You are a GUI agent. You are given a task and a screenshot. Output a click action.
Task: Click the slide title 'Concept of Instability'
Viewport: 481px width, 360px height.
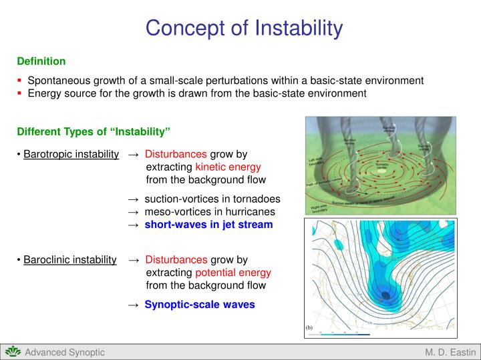tap(244, 28)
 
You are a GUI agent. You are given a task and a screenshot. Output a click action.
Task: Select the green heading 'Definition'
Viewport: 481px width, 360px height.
tap(41, 61)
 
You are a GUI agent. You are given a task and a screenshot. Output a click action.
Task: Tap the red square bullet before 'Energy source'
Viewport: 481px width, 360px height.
tap(21, 93)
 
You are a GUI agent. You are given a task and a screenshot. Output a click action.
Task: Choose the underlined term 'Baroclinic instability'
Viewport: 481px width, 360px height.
tap(70, 259)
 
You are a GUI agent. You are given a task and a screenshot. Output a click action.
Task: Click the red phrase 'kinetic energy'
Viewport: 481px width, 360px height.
tap(228, 167)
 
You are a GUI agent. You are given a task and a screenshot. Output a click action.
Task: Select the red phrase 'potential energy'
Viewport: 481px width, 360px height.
tap(233, 273)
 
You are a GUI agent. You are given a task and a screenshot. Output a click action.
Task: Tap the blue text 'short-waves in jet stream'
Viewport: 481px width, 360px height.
tap(208, 225)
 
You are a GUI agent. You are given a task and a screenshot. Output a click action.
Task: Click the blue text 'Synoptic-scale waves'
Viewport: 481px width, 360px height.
tap(199, 305)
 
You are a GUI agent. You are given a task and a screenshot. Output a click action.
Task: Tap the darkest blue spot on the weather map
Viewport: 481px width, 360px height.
tap(386, 295)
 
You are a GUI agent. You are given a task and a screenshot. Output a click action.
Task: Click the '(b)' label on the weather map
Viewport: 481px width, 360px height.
tap(310, 328)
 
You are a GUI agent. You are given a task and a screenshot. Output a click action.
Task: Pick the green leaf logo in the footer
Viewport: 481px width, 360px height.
tap(13, 351)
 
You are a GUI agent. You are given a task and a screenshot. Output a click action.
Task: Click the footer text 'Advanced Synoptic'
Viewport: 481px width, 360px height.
tap(64, 352)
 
